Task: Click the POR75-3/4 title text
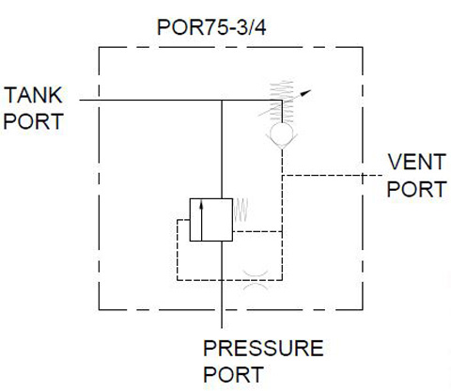click(211, 27)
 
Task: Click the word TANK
click(33, 95)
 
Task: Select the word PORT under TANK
click(34, 121)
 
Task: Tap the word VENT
click(417, 162)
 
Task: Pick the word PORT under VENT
click(417, 189)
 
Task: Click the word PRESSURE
click(263, 348)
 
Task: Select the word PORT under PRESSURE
click(233, 374)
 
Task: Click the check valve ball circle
click(282, 133)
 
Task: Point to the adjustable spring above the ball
click(282, 102)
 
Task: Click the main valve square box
click(211, 220)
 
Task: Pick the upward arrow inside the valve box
click(201, 221)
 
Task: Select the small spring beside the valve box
click(241, 211)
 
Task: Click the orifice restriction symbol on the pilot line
click(256, 280)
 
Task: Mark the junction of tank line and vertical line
click(222, 101)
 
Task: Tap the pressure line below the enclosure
click(222, 319)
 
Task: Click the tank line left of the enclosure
click(89, 101)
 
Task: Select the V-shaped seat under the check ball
click(282, 142)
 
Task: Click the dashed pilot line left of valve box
click(178, 250)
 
